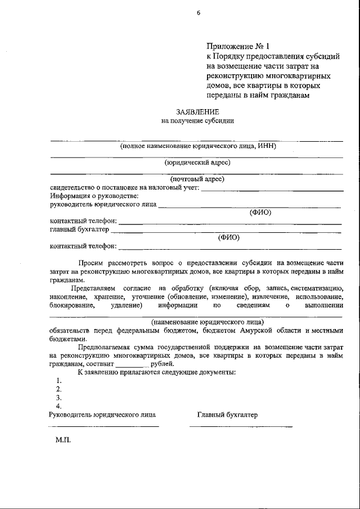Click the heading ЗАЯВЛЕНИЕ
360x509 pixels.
(197, 111)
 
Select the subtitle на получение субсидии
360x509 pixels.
(197, 120)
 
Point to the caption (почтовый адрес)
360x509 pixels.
(197, 179)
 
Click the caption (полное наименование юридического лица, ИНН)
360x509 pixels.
(197, 146)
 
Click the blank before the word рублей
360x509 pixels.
(132, 364)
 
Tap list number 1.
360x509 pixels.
(58, 381)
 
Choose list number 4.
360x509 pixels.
(58, 406)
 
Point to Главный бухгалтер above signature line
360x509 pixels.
(227, 415)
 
